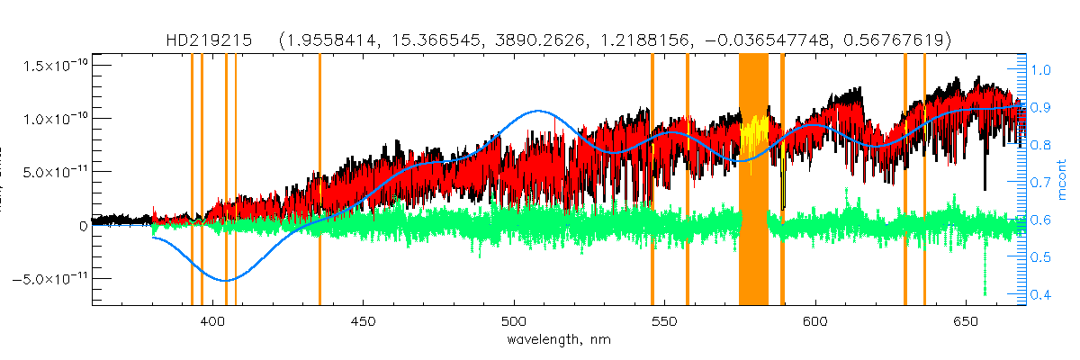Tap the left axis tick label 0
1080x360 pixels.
pos(82,225)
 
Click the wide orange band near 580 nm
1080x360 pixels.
pos(753,180)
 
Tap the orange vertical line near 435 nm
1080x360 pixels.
pos(319,180)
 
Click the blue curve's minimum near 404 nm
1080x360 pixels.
pos(225,281)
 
